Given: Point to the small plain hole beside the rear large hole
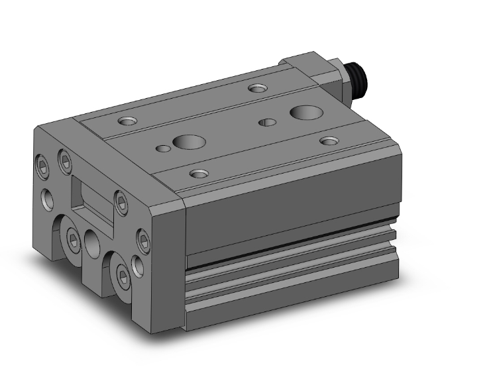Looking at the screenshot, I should pyautogui.click(x=268, y=123).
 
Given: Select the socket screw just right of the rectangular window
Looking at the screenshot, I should pyautogui.click(x=120, y=201).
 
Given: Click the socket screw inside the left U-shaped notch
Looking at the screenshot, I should pyautogui.click(x=73, y=237).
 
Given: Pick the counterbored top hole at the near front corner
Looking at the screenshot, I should pyautogui.click(x=199, y=174).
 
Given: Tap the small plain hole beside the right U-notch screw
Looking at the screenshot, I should pyautogui.click(x=137, y=264).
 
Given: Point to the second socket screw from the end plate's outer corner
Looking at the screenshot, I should pyautogui.click(x=64, y=159).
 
